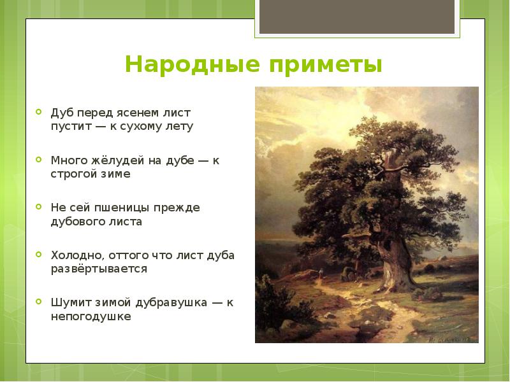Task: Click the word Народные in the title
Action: click(x=193, y=64)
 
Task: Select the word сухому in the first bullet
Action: click(x=141, y=127)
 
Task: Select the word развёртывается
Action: click(x=99, y=269)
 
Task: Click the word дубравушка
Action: click(x=171, y=303)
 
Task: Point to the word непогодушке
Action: click(x=91, y=316)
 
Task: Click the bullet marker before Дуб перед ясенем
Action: click(x=39, y=112)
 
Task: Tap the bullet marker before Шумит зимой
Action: click(x=39, y=302)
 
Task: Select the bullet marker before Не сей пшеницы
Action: click(x=39, y=206)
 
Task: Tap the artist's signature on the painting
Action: click(x=451, y=339)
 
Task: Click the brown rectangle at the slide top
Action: click(x=357, y=17)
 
